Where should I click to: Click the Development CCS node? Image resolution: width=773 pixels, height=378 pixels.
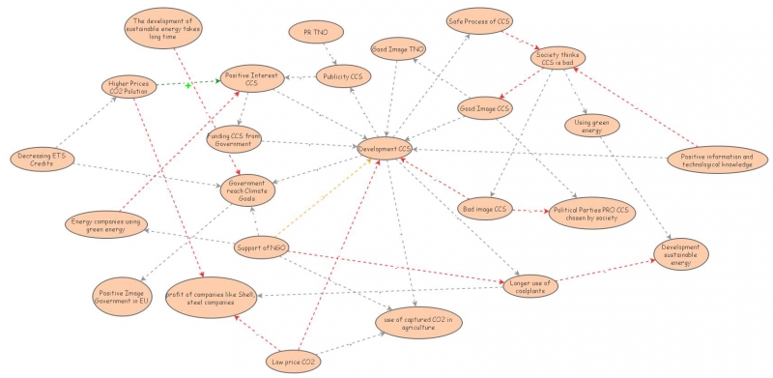tap(385, 150)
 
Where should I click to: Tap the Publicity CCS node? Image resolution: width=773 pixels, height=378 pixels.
tap(343, 77)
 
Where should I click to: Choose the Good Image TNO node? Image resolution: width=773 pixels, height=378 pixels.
tap(398, 49)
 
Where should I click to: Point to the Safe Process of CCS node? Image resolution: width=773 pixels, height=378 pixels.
tap(479, 20)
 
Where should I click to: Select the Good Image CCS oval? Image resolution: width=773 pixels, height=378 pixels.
tap(484, 108)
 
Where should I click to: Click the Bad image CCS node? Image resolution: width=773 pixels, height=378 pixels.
tap(484, 209)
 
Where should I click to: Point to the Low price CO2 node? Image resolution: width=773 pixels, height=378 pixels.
tap(294, 362)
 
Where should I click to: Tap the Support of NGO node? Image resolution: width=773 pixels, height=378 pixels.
tap(263, 249)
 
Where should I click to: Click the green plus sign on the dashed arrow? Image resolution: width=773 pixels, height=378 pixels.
tap(189, 86)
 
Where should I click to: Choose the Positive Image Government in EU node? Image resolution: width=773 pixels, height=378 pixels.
tap(123, 294)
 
